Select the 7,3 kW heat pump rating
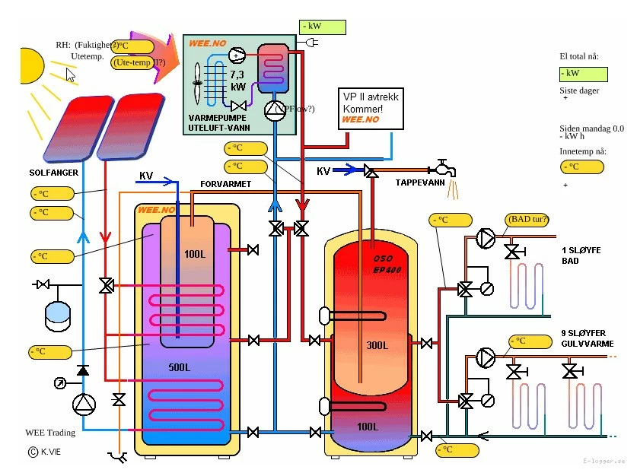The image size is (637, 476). point(237,80)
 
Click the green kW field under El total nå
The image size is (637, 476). point(582,74)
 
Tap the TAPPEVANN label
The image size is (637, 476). point(420,183)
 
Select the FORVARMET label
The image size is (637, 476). point(226,184)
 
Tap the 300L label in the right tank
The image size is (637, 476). point(376,345)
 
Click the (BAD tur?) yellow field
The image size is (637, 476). point(527,221)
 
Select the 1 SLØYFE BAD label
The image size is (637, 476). point(581,255)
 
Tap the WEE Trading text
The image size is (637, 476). point(50,433)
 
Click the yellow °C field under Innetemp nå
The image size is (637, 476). point(578,167)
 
